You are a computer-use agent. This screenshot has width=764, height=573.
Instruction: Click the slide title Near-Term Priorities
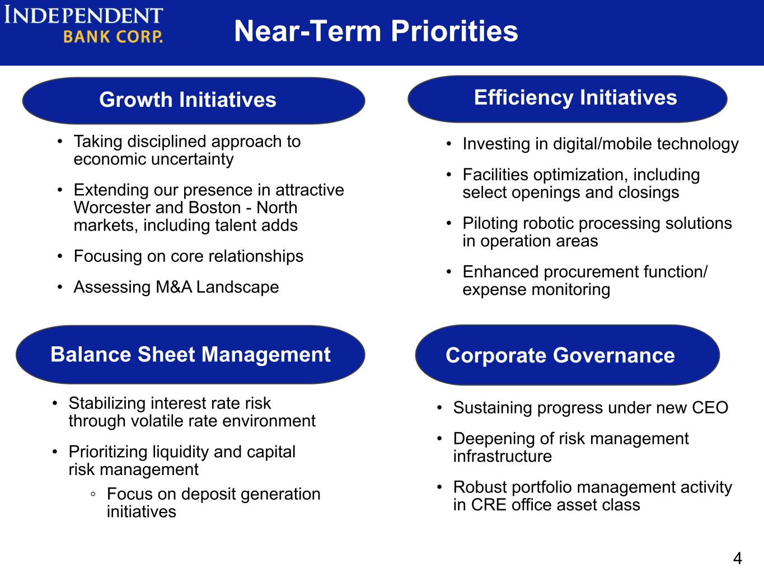point(376,31)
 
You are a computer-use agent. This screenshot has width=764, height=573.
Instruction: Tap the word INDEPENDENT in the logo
point(83,15)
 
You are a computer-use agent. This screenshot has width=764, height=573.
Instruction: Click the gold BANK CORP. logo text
point(113,36)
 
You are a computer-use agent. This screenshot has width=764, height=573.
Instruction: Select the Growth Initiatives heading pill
point(194,101)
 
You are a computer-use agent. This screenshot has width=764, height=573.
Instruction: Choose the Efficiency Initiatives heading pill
point(568,99)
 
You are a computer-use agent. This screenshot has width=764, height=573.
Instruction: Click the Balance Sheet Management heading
point(190,355)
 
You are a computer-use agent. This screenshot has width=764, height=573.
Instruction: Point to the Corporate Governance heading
point(568,355)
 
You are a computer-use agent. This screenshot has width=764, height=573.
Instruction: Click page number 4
point(737,558)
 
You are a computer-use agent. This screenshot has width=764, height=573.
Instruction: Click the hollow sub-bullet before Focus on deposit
point(93,494)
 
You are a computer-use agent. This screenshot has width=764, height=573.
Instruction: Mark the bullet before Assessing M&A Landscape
point(60,288)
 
